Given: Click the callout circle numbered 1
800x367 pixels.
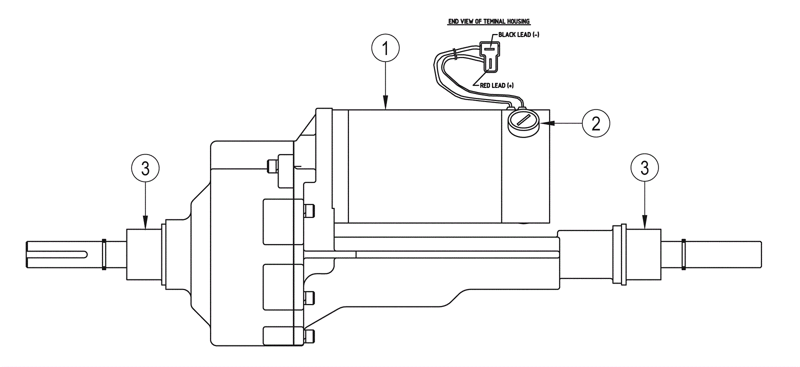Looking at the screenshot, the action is click(385, 48).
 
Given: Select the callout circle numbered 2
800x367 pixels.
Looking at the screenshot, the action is click(595, 123).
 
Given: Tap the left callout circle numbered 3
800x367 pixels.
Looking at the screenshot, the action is click(145, 168).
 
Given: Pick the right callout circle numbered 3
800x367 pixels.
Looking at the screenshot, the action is click(644, 168).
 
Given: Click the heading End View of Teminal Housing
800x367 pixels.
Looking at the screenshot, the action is click(489, 21).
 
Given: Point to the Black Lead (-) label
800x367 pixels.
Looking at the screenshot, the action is click(518, 34).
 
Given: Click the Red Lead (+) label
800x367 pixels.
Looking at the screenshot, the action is click(497, 85).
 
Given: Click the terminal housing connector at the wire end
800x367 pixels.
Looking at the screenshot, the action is click(489, 56).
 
